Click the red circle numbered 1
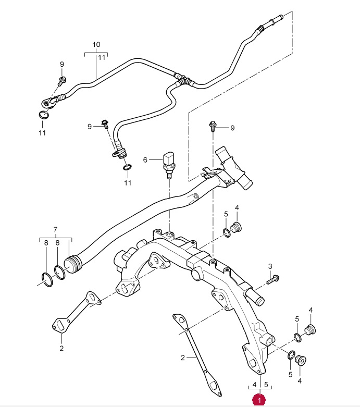[259, 400]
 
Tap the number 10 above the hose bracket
[96, 45]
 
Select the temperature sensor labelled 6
[168, 165]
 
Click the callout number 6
[145, 160]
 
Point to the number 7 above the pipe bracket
[55, 230]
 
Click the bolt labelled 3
[272, 280]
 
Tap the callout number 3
[270, 266]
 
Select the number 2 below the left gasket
[61, 348]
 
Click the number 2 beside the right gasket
[183, 357]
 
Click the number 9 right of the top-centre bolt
[232, 128]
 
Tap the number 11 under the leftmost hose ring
[42, 133]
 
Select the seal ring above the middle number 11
[127, 167]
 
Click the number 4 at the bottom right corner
[300, 381]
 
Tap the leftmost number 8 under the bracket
[46, 243]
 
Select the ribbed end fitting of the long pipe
[73, 264]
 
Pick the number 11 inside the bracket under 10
[102, 57]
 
